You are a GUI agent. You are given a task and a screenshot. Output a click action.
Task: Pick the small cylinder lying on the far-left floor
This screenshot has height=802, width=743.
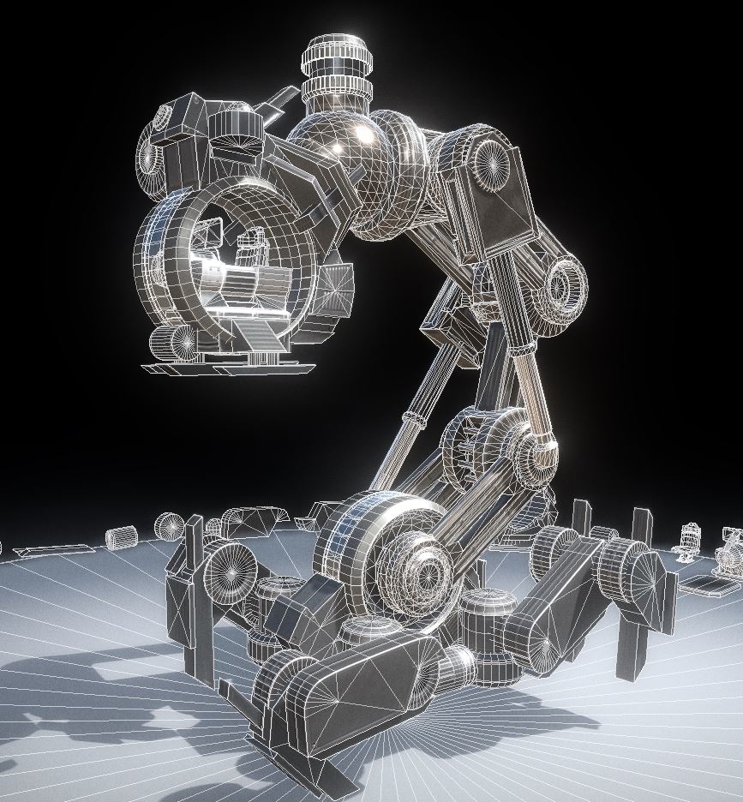[122, 537]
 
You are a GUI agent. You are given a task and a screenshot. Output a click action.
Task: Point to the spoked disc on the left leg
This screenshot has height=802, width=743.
[229, 566]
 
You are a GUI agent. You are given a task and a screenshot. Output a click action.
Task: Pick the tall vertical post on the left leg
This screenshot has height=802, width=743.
[195, 591]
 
